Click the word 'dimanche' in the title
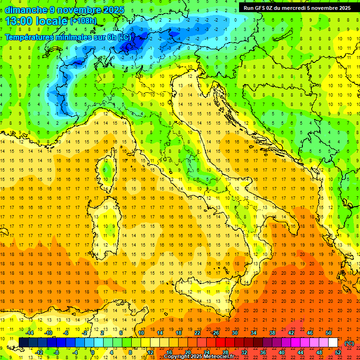pos(26,10)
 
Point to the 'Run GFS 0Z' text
pos(260,8)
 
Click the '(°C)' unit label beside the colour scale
pos(349,343)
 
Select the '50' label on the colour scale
pos(329,333)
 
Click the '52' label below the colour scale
pos(338,352)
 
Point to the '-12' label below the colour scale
pos(39,352)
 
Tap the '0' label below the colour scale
pos(93,352)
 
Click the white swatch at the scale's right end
pos(333,343)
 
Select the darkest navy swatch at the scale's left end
pos(23,343)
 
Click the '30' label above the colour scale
pos(234,333)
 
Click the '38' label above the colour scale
pos(272,333)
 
